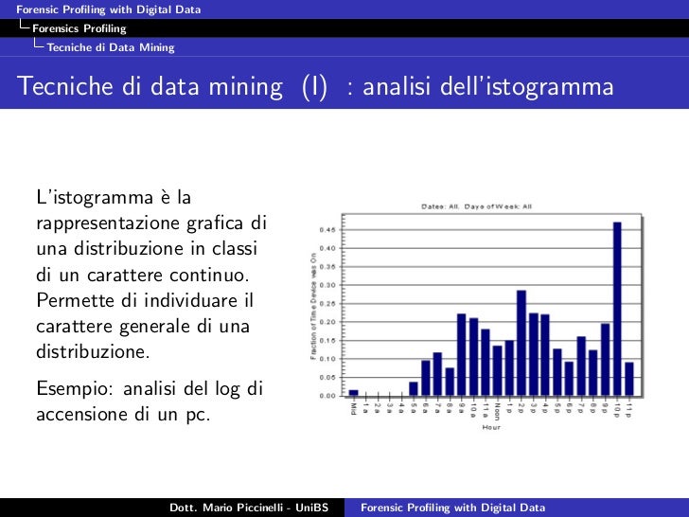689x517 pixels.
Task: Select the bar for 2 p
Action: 521,343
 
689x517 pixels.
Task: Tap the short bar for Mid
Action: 354,392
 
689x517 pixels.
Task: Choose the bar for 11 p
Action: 628,379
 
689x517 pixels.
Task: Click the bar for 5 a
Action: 414,388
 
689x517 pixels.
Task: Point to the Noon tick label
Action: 497,412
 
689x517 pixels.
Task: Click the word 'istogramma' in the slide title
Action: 564,88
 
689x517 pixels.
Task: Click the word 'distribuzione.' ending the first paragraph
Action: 92,352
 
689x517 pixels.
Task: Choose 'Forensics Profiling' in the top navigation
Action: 79,28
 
